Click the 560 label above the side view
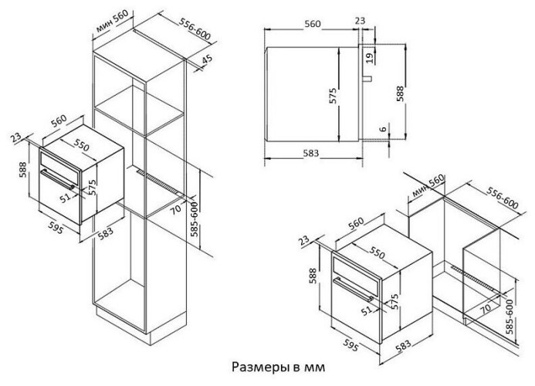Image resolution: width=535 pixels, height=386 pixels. pos(312,25)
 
